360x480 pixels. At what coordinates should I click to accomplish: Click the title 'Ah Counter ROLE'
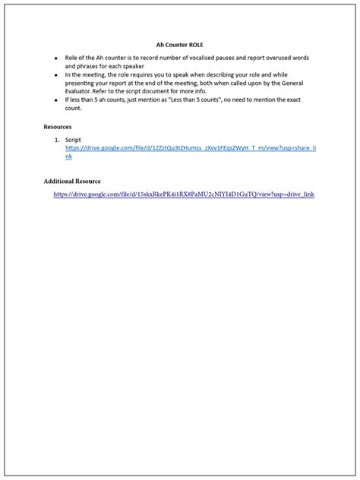(x=180, y=45)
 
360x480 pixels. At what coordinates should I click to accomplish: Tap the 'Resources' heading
(x=58, y=127)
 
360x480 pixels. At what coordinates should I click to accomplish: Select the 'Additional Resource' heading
(x=72, y=182)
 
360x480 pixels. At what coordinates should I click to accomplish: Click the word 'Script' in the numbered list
(x=73, y=140)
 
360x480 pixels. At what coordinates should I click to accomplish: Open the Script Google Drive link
(x=190, y=147)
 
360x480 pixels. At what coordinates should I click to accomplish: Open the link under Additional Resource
(x=183, y=194)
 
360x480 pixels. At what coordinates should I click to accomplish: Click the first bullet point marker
(x=55, y=58)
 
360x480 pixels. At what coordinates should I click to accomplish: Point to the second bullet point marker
(x=55, y=76)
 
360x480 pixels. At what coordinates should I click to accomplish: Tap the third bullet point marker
(x=55, y=100)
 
